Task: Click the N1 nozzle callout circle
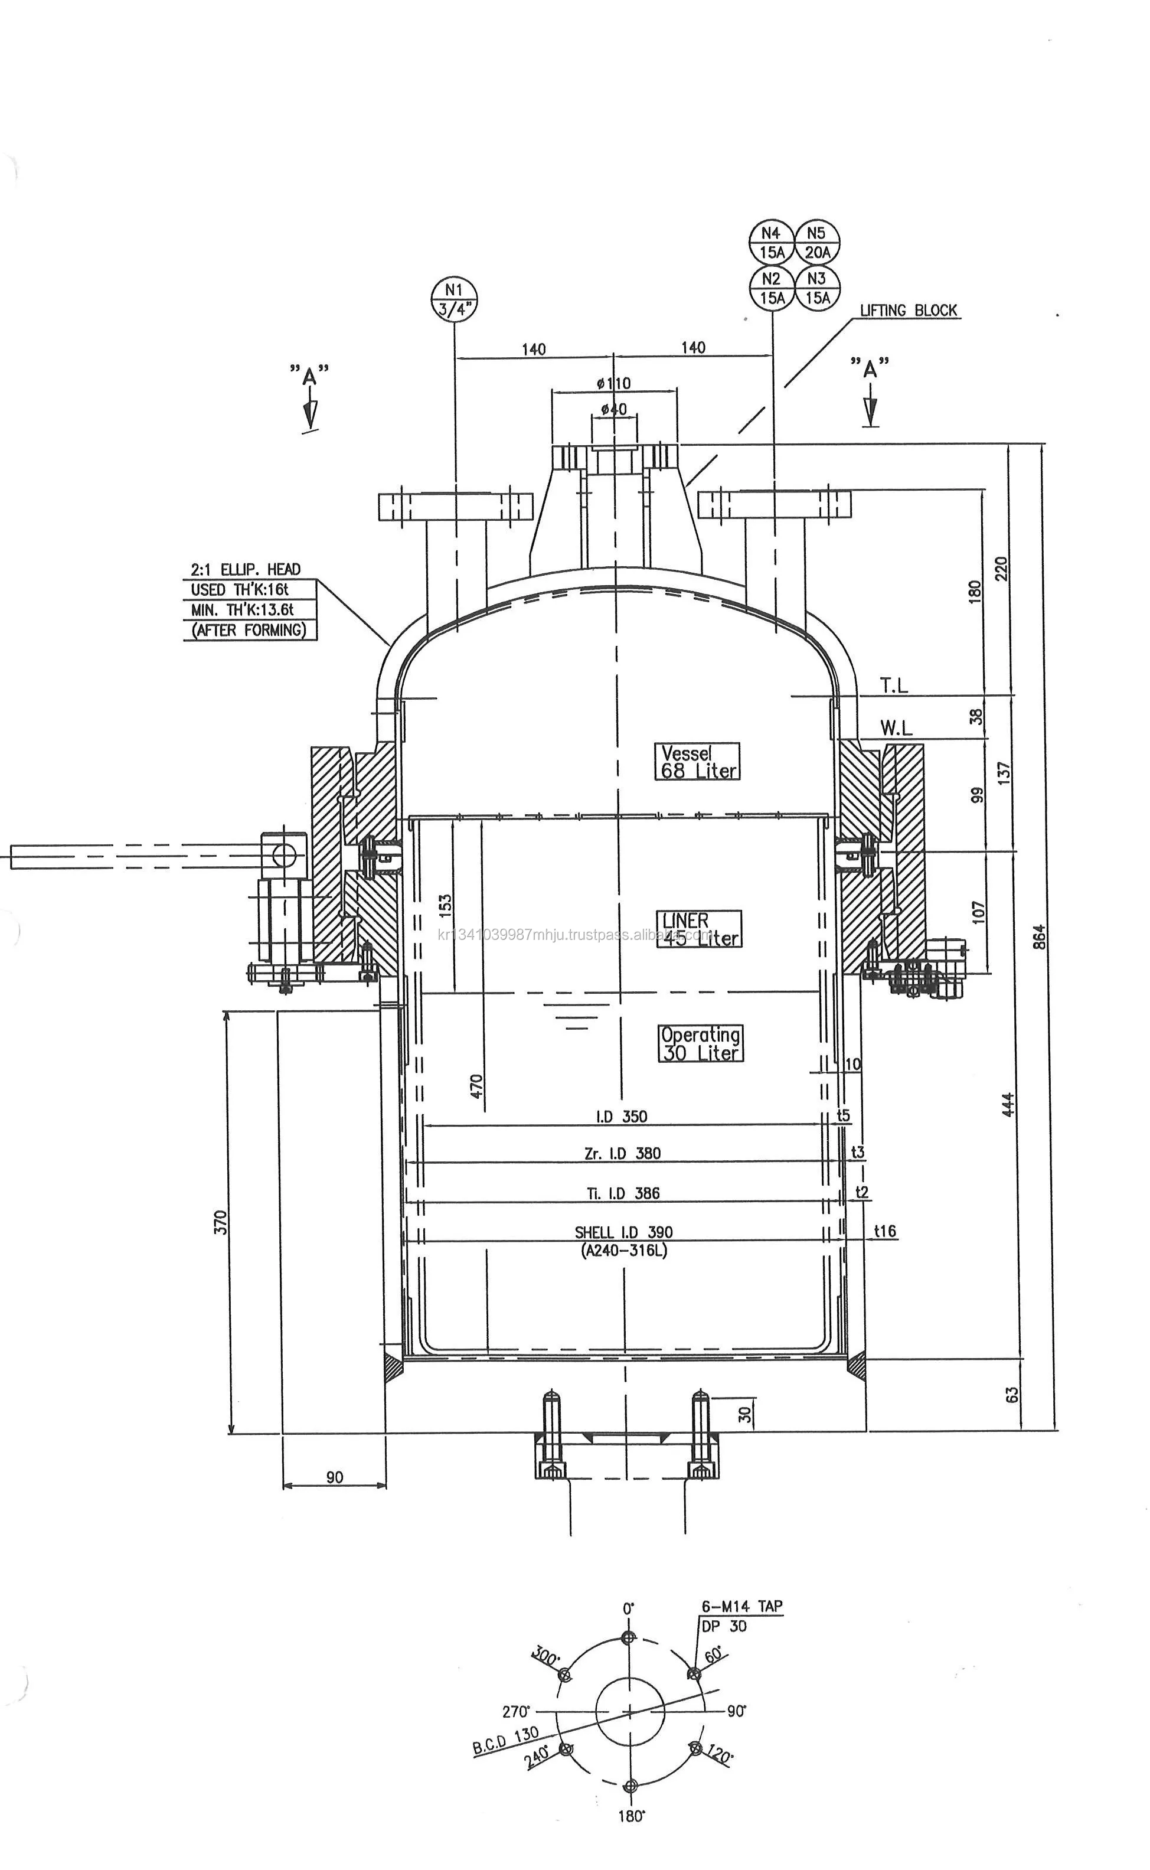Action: [454, 298]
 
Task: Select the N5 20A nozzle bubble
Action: [817, 242]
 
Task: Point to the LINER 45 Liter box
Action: [698, 929]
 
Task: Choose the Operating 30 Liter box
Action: [700, 1043]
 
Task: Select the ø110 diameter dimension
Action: [614, 383]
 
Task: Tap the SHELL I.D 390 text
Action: [623, 1232]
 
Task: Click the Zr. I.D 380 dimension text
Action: [622, 1153]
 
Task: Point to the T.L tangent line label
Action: [894, 686]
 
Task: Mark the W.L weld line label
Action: [896, 728]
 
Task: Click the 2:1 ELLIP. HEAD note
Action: [245, 569]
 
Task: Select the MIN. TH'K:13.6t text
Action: [242, 609]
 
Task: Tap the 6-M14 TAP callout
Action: [741, 1606]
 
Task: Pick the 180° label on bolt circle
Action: [631, 1816]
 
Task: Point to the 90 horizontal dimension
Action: [334, 1477]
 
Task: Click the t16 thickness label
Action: [884, 1230]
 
